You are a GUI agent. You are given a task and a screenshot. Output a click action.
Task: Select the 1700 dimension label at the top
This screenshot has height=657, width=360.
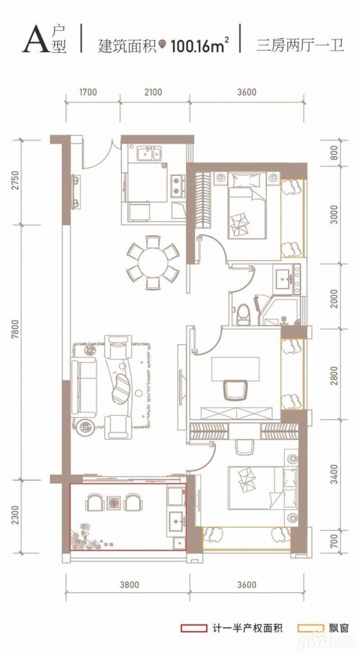[87, 92]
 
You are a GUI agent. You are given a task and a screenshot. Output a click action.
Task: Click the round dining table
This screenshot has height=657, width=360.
[153, 263]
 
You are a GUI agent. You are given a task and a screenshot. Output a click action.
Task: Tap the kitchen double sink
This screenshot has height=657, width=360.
[148, 154]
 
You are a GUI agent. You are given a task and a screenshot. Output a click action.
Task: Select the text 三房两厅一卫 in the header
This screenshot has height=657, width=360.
[300, 45]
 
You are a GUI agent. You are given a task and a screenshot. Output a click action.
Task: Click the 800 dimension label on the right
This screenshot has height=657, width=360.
[334, 154]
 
